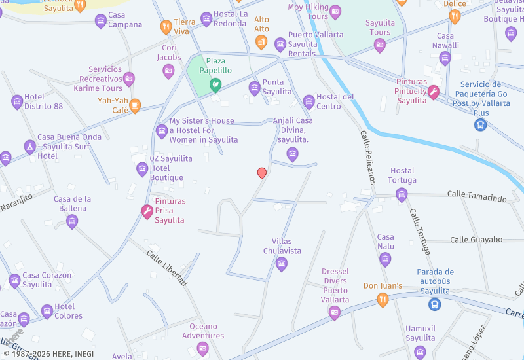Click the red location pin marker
pyautogui.click(x=262, y=173)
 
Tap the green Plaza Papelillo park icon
pyautogui.click(x=215, y=84)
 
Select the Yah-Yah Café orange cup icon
pyautogui.click(x=135, y=105)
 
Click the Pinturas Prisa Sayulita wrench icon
pyautogui.click(x=147, y=211)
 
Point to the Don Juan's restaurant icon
pyautogui.click(x=383, y=300)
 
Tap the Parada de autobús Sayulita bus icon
pyautogui.click(x=434, y=304)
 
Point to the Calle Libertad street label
pyautogui.click(x=167, y=268)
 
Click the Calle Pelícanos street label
pyautogui.click(x=366, y=157)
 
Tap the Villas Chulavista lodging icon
pyautogui.click(x=282, y=264)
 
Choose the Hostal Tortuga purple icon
pyautogui.click(x=402, y=194)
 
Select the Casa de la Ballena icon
pyautogui.click(x=72, y=221)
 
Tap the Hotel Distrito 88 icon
pyautogui.click(x=17, y=101)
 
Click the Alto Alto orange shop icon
pyautogui.click(x=261, y=43)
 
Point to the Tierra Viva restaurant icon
pyautogui.click(x=166, y=27)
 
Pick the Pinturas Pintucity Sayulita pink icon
pyautogui.click(x=433, y=93)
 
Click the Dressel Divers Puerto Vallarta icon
pyautogui.click(x=335, y=313)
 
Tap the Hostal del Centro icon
pyautogui.click(x=309, y=101)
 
